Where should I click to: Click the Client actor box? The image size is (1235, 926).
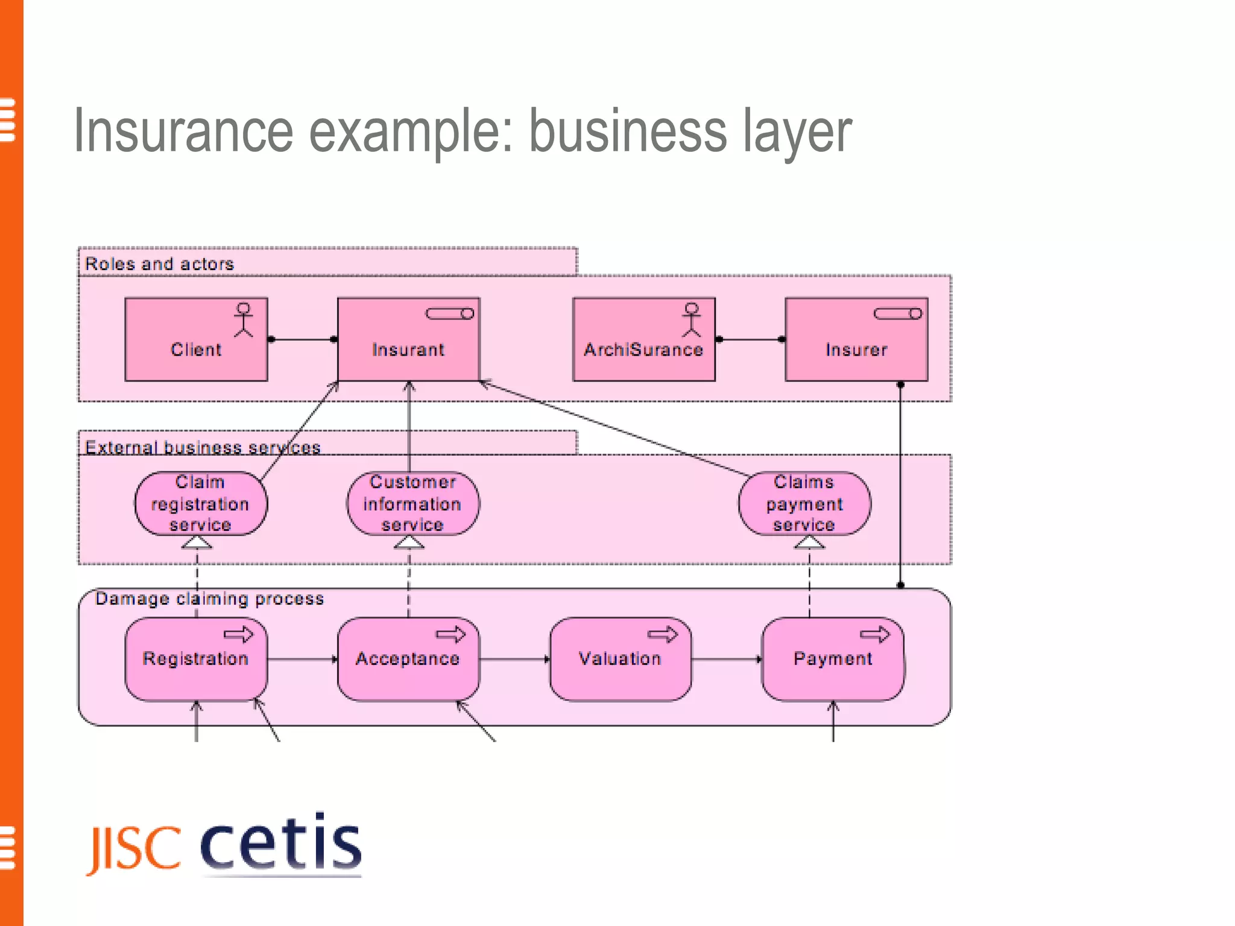196,339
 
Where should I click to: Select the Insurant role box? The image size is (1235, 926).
408,339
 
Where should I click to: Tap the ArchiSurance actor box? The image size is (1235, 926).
643,339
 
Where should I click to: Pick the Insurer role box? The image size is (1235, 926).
856,339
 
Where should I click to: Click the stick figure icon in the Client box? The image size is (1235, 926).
244,320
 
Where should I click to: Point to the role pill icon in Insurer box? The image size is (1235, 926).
898,313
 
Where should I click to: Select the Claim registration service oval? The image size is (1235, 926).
200,503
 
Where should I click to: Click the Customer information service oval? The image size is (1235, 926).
412,503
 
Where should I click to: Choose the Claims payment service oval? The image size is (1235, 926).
804,503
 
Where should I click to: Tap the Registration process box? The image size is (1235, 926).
196,659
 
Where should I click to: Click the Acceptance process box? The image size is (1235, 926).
408,659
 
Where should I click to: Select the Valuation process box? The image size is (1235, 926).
620,659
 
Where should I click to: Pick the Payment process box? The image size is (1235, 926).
833,659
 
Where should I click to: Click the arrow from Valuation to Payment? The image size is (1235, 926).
726,659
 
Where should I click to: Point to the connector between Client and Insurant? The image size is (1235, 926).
302,339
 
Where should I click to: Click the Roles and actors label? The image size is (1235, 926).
159,264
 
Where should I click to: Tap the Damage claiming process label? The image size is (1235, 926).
209,599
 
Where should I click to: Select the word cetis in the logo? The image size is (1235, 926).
280,843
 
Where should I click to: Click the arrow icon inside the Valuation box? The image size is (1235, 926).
663,634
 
